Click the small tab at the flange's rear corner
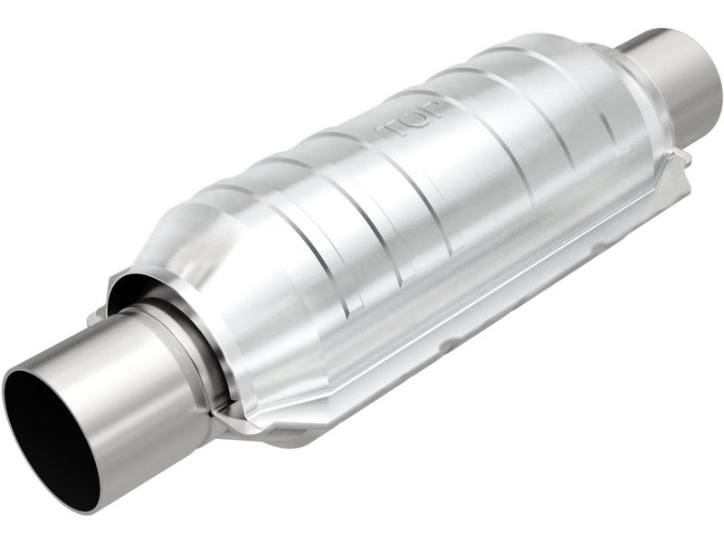[681, 158]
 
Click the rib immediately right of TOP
[471, 118]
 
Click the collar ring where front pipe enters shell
[195, 353]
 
